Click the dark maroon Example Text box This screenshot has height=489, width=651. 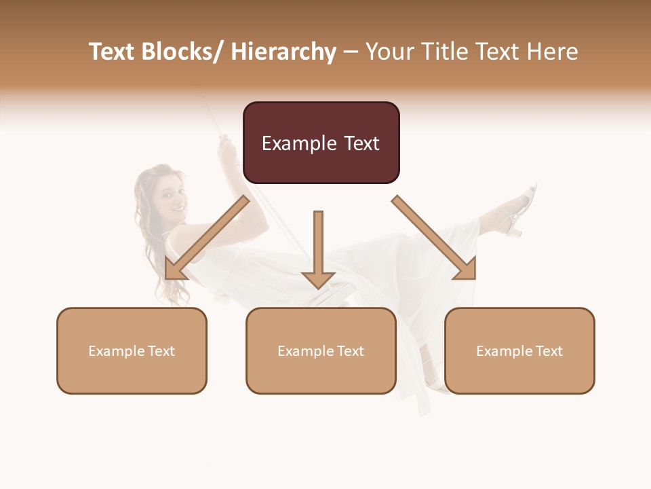[321, 143]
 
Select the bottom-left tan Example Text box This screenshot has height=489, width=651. [132, 350]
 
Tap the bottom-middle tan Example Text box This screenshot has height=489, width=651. [321, 350]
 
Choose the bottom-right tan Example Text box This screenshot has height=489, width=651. [519, 350]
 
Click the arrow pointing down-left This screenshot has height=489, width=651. [206, 238]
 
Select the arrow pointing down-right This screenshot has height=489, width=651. [435, 238]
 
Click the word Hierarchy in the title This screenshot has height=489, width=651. [283, 52]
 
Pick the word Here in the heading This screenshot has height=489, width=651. [553, 52]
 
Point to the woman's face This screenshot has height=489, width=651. [169, 198]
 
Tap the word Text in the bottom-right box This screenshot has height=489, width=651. [549, 351]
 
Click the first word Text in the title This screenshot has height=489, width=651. [113, 52]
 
